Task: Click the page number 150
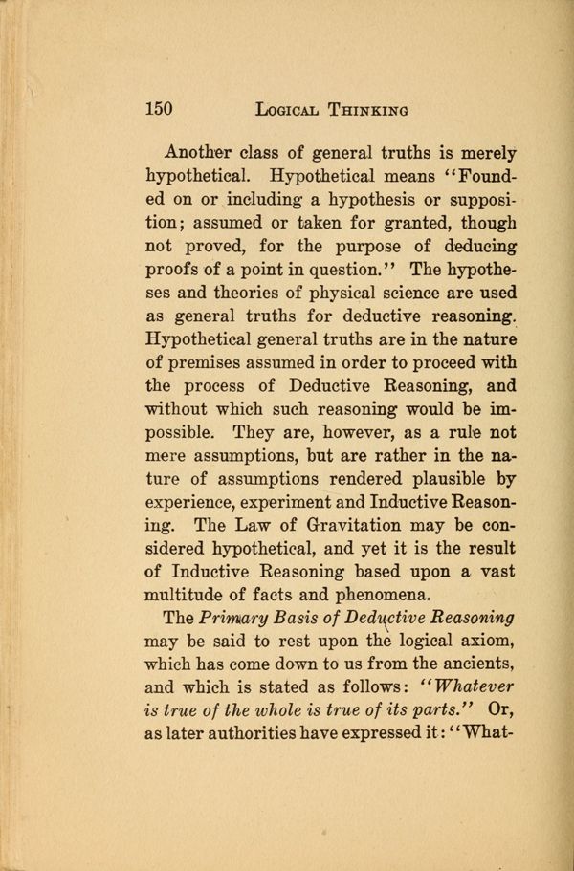pyautogui.click(x=158, y=109)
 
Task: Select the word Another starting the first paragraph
pyautogui.click(x=201, y=153)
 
